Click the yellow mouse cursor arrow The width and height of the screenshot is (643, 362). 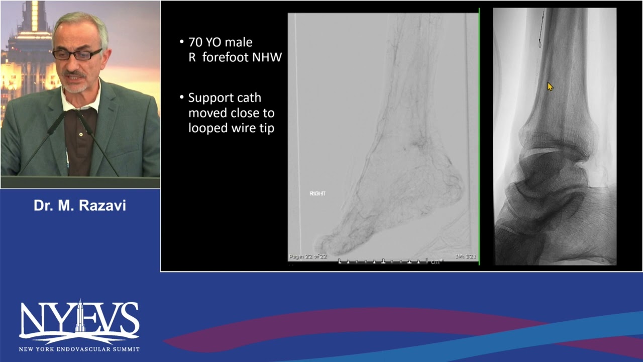(x=550, y=87)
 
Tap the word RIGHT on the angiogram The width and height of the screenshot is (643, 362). (x=317, y=194)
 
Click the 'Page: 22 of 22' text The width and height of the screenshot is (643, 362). (x=308, y=256)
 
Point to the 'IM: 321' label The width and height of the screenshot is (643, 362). (x=466, y=256)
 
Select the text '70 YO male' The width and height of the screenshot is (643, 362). (x=220, y=42)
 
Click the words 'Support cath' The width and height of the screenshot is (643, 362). (x=225, y=98)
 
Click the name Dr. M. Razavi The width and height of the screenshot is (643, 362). (x=80, y=205)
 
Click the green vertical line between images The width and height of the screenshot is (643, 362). (x=479, y=136)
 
